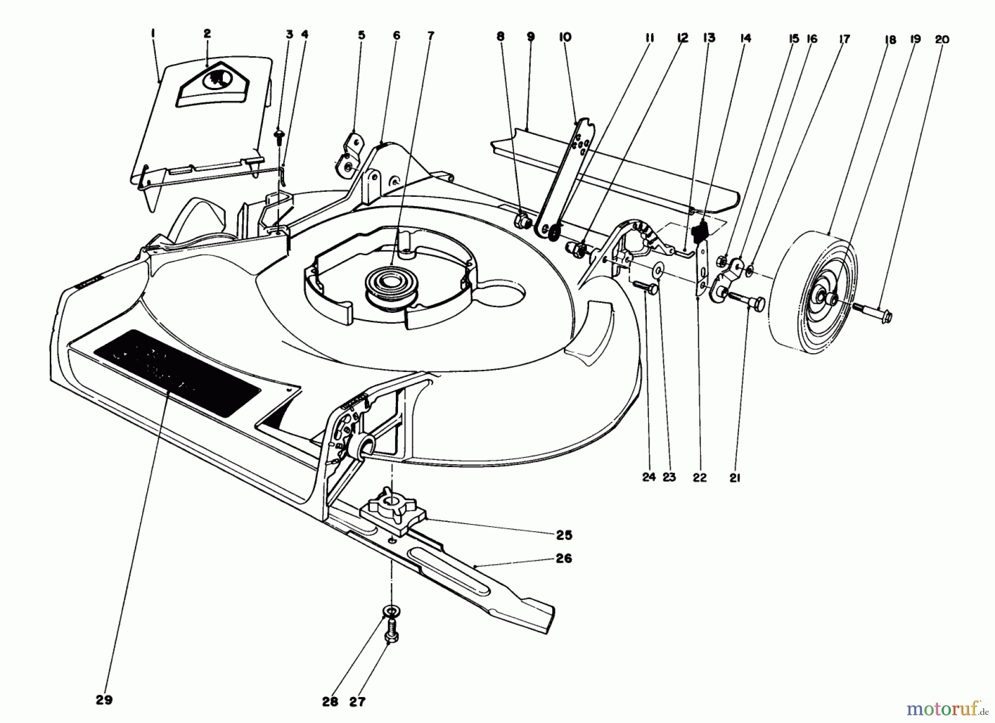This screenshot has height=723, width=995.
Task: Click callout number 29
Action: point(104,700)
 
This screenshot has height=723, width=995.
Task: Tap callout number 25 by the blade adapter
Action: point(564,535)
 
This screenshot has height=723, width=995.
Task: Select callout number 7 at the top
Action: point(431,36)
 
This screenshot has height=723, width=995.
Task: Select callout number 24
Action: point(648,477)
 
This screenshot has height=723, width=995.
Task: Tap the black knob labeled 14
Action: point(702,230)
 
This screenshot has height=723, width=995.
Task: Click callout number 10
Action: point(565,37)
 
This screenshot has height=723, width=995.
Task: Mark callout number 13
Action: point(709,37)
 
